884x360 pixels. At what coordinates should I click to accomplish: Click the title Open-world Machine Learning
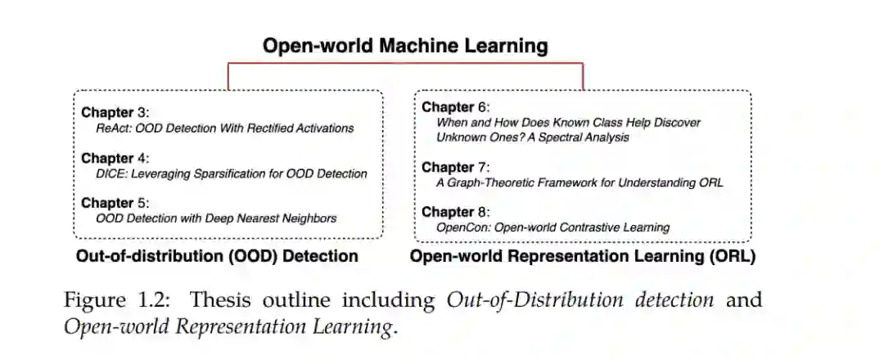(x=405, y=46)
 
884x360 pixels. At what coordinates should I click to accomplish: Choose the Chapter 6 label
(x=454, y=107)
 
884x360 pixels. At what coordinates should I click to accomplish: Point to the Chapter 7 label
(x=454, y=168)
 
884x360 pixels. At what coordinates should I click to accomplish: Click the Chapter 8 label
(x=454, y=212)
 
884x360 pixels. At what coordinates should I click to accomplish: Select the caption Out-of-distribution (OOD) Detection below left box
(x=217, y=256)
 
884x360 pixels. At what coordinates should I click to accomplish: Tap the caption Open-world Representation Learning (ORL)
(x=582, y=257)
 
